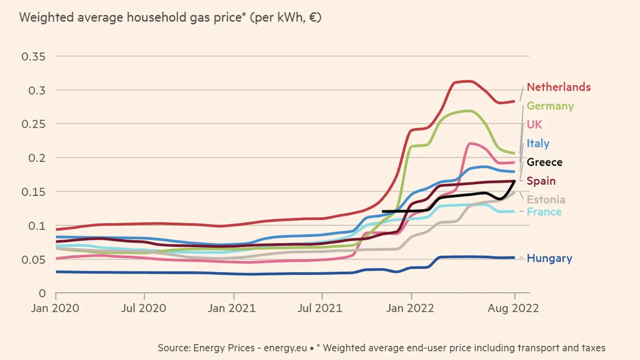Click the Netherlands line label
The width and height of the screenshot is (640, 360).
(x=559, y=87)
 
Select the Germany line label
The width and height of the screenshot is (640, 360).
(x=550, y=106)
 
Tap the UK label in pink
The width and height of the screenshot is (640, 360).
(x=535, y=125)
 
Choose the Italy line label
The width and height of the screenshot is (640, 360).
(x=538, y=143)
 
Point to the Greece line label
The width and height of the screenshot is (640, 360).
(x=544, y=162)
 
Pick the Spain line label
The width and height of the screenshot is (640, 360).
(x=541, y=181)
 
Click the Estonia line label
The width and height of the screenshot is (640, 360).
(x=546, y=200)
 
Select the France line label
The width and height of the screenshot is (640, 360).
(x=544, y=212)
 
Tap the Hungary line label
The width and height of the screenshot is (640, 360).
(x=549, y=258)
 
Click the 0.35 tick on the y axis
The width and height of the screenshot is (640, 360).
(x=34, y=57)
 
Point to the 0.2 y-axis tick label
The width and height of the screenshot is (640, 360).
(x=37, y=158)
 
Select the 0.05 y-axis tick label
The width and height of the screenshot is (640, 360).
(x=34, y=259)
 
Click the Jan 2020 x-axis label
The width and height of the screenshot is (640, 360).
(x=56, y=308)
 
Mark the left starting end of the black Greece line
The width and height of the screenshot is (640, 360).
(x=383, y=211)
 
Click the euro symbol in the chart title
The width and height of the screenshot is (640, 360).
(x=312, y=18)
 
